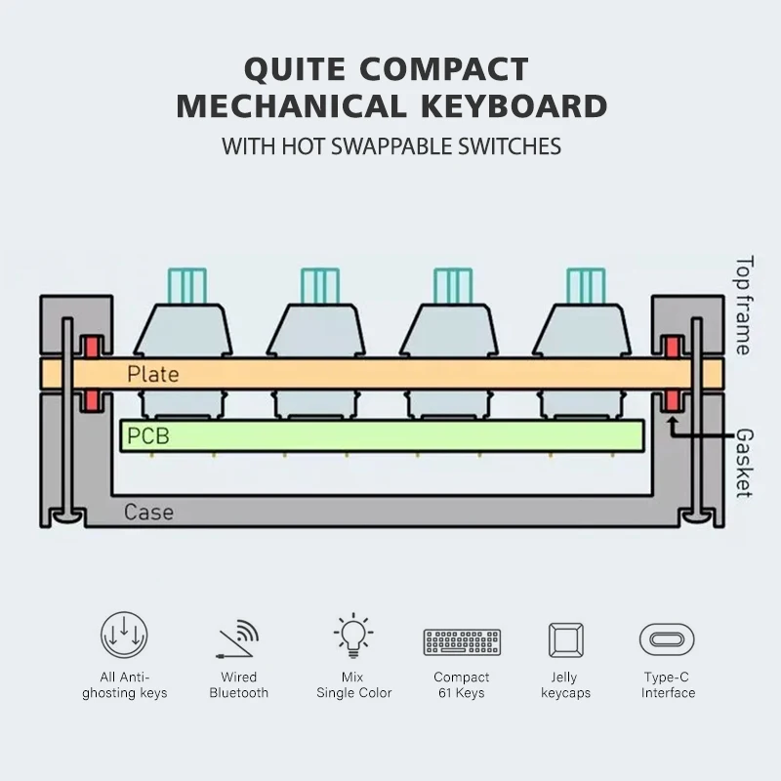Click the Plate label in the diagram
click(x=152, y=374)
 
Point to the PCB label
click(x=147, y=436)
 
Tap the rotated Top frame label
click(x=744, y=306)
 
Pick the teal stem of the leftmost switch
click(x=185, y=285)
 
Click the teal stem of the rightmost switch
click(x=585, y=285)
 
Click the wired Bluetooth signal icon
click(x=239, y=639)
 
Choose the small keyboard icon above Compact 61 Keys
click(x=462, y=641)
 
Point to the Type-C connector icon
click(x=668, y=640)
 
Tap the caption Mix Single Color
click(x=353, y=684)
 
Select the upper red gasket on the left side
click(x=93, y=347)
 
